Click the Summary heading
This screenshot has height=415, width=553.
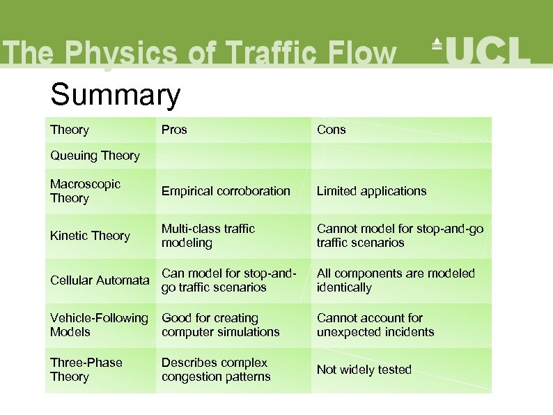[x=115, y=95]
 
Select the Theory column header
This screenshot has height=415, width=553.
[x=70, y=130]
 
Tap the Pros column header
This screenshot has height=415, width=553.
[x=174, y=130]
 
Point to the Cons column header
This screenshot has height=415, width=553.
[x=331, y=130]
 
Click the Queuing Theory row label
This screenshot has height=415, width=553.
[x=95, y=156]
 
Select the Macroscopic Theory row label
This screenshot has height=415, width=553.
[x=85, y=191]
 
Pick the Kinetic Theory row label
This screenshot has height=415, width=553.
[x=90, y=236]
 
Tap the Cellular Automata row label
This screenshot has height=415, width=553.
[x=100, y=280]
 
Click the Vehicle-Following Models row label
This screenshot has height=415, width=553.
[x=99, y=325]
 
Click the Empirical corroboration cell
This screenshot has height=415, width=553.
[x=226, y=191]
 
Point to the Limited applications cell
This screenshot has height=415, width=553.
[x=371, y=191]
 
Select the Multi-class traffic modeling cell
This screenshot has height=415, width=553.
[x=208, y=236]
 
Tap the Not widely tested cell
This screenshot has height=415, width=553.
[x=364, y=370]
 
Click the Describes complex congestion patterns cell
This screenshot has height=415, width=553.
[x=216, y=370]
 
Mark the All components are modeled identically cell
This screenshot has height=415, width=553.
[x=395, y=280]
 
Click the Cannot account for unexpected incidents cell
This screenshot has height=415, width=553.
[x=375, y=325]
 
